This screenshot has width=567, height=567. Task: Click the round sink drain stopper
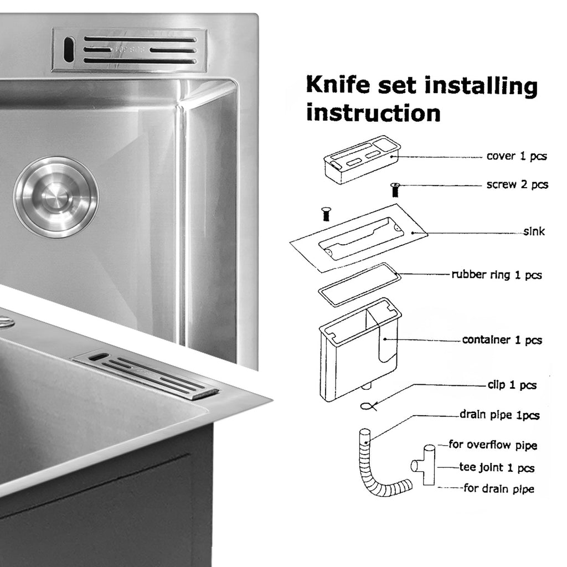point(56,197)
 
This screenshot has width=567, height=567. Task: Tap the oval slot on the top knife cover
point(69,49)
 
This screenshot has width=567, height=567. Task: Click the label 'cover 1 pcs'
point(517,156)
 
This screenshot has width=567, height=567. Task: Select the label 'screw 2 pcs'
point(517,184)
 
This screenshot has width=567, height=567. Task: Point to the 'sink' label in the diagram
point(534,231)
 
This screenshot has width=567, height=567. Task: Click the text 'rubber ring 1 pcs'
point(497,275)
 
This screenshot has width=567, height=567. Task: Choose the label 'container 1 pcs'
point(502,340)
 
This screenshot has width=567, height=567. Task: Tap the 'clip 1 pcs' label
point(512,385)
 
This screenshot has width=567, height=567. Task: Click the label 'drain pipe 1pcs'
point(499,415)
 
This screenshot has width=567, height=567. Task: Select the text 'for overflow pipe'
point(493,445)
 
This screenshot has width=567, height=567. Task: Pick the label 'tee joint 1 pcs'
point(497,467)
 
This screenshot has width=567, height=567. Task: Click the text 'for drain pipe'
point(499,488)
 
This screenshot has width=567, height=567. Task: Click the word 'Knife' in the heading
point(338,85)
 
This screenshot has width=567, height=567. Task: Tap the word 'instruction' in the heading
point(373,113)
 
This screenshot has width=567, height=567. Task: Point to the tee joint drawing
point(424,465)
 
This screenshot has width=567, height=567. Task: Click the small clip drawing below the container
point(369,406)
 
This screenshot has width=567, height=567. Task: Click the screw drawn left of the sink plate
point(326,214)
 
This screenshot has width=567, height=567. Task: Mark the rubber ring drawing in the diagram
point(359,285)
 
